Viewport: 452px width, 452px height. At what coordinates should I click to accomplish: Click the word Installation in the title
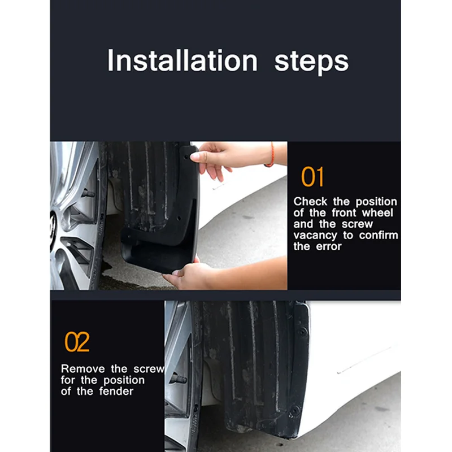coord(182,60)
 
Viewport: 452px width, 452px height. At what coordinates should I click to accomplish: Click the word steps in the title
coord(312,63)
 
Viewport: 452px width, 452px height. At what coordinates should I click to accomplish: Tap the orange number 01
coord(312,177)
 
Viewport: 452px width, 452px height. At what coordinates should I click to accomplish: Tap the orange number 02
coord(77,342)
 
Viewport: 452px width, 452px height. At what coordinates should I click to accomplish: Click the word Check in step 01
coord(310,201)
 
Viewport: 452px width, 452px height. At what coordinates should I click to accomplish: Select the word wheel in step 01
coord(377,213)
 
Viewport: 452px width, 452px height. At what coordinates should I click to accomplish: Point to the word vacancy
coord(315,236)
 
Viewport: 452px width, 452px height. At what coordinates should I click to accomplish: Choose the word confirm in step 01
coord(379,235)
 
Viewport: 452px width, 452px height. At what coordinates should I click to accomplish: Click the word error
coord(329,246)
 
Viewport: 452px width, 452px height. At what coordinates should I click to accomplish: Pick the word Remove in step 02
coord(82,369)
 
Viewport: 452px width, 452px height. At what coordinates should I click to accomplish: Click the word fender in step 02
coord(116,391)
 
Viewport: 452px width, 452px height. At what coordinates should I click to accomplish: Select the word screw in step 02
coord(149,369)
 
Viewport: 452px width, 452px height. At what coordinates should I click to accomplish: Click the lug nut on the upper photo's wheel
coord(88,193)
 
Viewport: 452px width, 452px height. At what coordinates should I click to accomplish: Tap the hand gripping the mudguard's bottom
coord(188,274)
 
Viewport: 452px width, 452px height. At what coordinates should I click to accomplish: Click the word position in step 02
coord(124,380)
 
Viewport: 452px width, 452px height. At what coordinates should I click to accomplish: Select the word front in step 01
coord(344,213)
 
